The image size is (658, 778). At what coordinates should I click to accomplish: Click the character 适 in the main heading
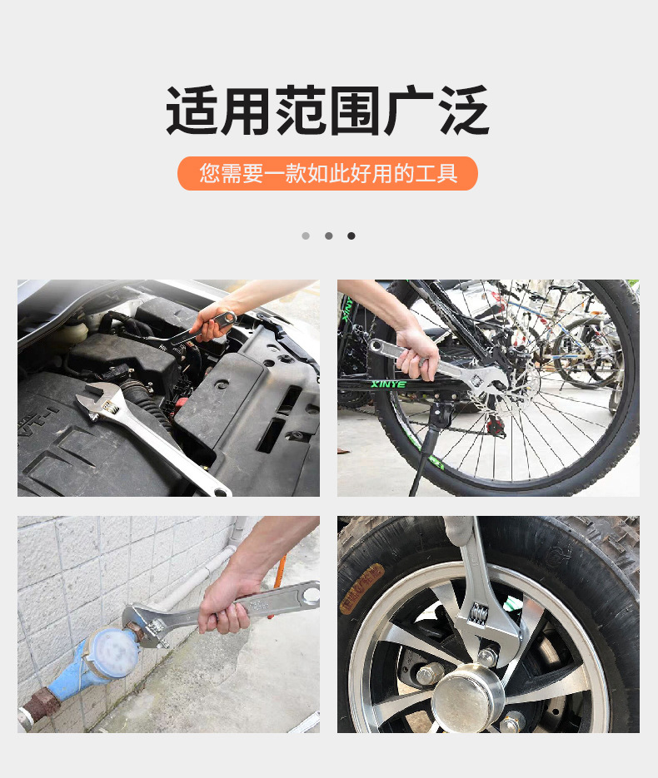click(192, 110)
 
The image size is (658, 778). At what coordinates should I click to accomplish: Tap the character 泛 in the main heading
click(464, 110)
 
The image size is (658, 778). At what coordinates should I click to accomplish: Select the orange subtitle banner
click(328, 173)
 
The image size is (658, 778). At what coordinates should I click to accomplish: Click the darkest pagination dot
click(351, 235)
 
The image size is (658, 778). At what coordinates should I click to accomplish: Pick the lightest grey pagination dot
click(306, 235)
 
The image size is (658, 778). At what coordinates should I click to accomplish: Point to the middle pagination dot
click(329, 235)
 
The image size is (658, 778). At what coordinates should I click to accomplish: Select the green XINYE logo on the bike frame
click(388, 384)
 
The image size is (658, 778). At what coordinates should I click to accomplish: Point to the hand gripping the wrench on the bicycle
click(417, 354)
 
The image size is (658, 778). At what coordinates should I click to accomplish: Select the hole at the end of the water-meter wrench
click(312, 593)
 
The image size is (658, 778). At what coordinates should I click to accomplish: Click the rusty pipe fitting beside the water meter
click(40, 704)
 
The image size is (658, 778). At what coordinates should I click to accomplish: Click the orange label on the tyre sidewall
click(361, 589)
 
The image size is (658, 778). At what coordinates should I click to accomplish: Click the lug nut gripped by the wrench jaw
click(486, 656)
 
